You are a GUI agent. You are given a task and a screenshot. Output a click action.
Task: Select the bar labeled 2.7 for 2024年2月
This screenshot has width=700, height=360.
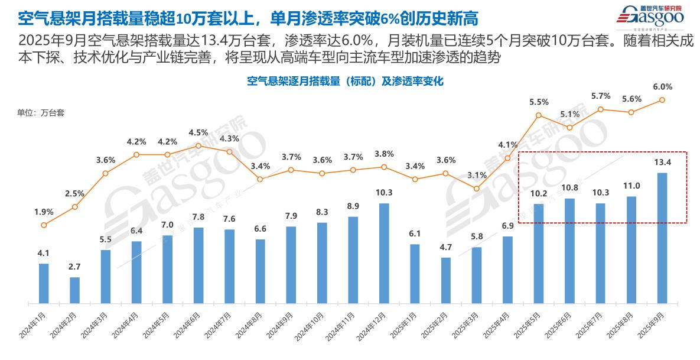[74, 290]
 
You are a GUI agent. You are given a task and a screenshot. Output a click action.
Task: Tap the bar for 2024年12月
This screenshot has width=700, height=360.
[384, 253]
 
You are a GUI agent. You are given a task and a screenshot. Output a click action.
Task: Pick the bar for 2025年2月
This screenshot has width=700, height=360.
[446, 280]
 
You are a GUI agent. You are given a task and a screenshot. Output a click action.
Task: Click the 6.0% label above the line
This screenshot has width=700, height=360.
[662, 86]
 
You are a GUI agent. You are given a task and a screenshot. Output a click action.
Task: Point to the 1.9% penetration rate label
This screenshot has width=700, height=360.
[44, 212]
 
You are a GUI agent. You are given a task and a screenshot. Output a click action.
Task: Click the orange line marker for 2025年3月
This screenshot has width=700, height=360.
[477, 189]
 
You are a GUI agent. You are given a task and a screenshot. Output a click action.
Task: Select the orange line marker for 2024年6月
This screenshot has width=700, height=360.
[198, 145]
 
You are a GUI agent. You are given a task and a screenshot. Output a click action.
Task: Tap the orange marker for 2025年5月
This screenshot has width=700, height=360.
[539, 116]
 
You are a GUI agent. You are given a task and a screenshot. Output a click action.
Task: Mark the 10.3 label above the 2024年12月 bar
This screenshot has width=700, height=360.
[384, 193]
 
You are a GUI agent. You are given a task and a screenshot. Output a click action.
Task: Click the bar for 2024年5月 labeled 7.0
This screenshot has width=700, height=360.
[167, 269]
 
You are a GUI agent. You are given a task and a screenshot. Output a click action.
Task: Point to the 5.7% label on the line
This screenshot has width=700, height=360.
[600, 96]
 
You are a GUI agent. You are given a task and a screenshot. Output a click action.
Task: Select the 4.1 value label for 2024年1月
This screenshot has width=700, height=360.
[44, 253]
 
